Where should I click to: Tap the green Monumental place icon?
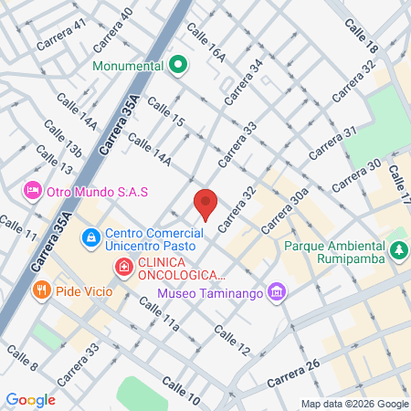[178, 66]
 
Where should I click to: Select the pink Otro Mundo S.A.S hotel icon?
[33, 192]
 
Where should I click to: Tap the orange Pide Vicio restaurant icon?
[40, 290]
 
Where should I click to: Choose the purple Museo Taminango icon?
[279, 293]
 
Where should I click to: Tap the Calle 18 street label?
[362, 37]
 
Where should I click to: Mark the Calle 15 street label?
[164, 112]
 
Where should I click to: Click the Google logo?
[30, 399]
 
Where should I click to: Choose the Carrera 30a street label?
[283, 216]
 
